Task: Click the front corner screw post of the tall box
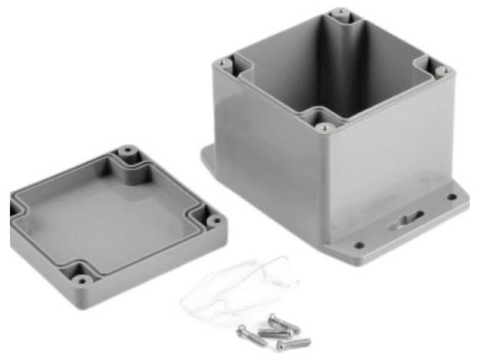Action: click(324, 127)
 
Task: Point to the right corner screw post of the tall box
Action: click(442, 71)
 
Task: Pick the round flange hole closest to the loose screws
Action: click(358, 246)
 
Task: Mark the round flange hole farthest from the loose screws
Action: click(452, 197)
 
